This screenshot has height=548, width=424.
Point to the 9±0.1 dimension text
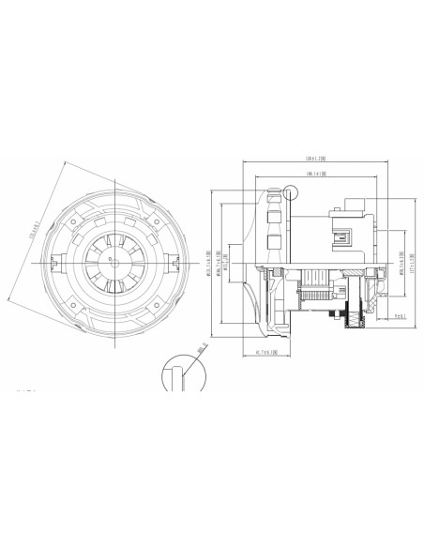pyautogui.click(x=398, y=316)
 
